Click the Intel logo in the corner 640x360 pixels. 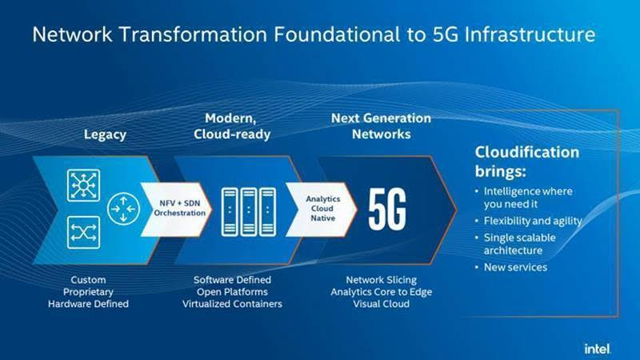(x=598, y=349)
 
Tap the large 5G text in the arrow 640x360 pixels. (x=387, y=210)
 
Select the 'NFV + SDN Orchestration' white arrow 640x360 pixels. (x=176, y=210)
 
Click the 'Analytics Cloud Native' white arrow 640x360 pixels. (x=322, y=210)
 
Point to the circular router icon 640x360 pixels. (x=124, y=209)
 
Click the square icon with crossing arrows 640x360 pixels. (x=84, y=233)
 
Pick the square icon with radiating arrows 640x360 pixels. (x=84, y=186)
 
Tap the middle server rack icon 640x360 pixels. (x=249, y=212)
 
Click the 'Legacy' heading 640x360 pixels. (x=105, y=134)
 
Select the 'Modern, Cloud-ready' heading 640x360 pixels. (x=232, y=126)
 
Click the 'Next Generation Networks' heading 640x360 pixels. (x=381, y=126)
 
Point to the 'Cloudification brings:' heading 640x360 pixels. (x=527, y=162)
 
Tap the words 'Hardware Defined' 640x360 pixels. (x=88, y=304)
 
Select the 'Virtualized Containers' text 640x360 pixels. (x=232, y=304)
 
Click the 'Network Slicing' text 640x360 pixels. (x=382, y=280)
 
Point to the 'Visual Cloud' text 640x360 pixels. (x=382, y=304)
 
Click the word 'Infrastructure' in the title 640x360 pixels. (x=530, y=34)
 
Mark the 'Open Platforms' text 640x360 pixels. (x=232, y=292)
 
